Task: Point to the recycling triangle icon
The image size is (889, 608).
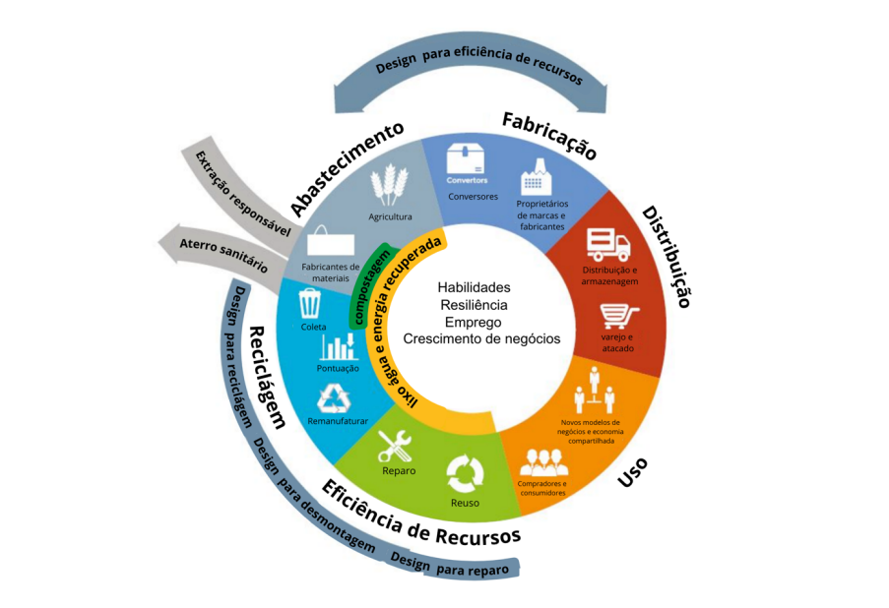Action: (x=331, y=398)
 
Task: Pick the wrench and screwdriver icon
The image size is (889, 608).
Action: (x=396, y=448)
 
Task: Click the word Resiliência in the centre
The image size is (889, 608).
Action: (x=476, y=305)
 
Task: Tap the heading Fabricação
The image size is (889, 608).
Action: (x=549, y=136)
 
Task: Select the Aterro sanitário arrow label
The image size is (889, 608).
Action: (x=219, y=252)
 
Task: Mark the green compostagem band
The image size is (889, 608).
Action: (x=367, y=286)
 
